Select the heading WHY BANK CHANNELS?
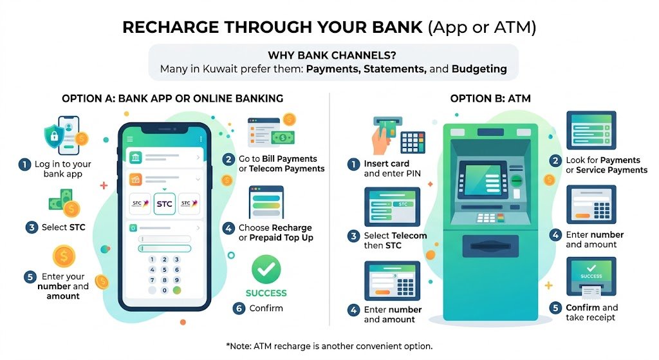(332, 55)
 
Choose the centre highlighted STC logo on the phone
(165, 204)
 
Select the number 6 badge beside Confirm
(238, 308)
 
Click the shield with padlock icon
(55, 134)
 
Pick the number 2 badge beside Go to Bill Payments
(228, 159)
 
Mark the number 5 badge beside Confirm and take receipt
(555, 308)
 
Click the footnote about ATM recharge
(329, 346)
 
